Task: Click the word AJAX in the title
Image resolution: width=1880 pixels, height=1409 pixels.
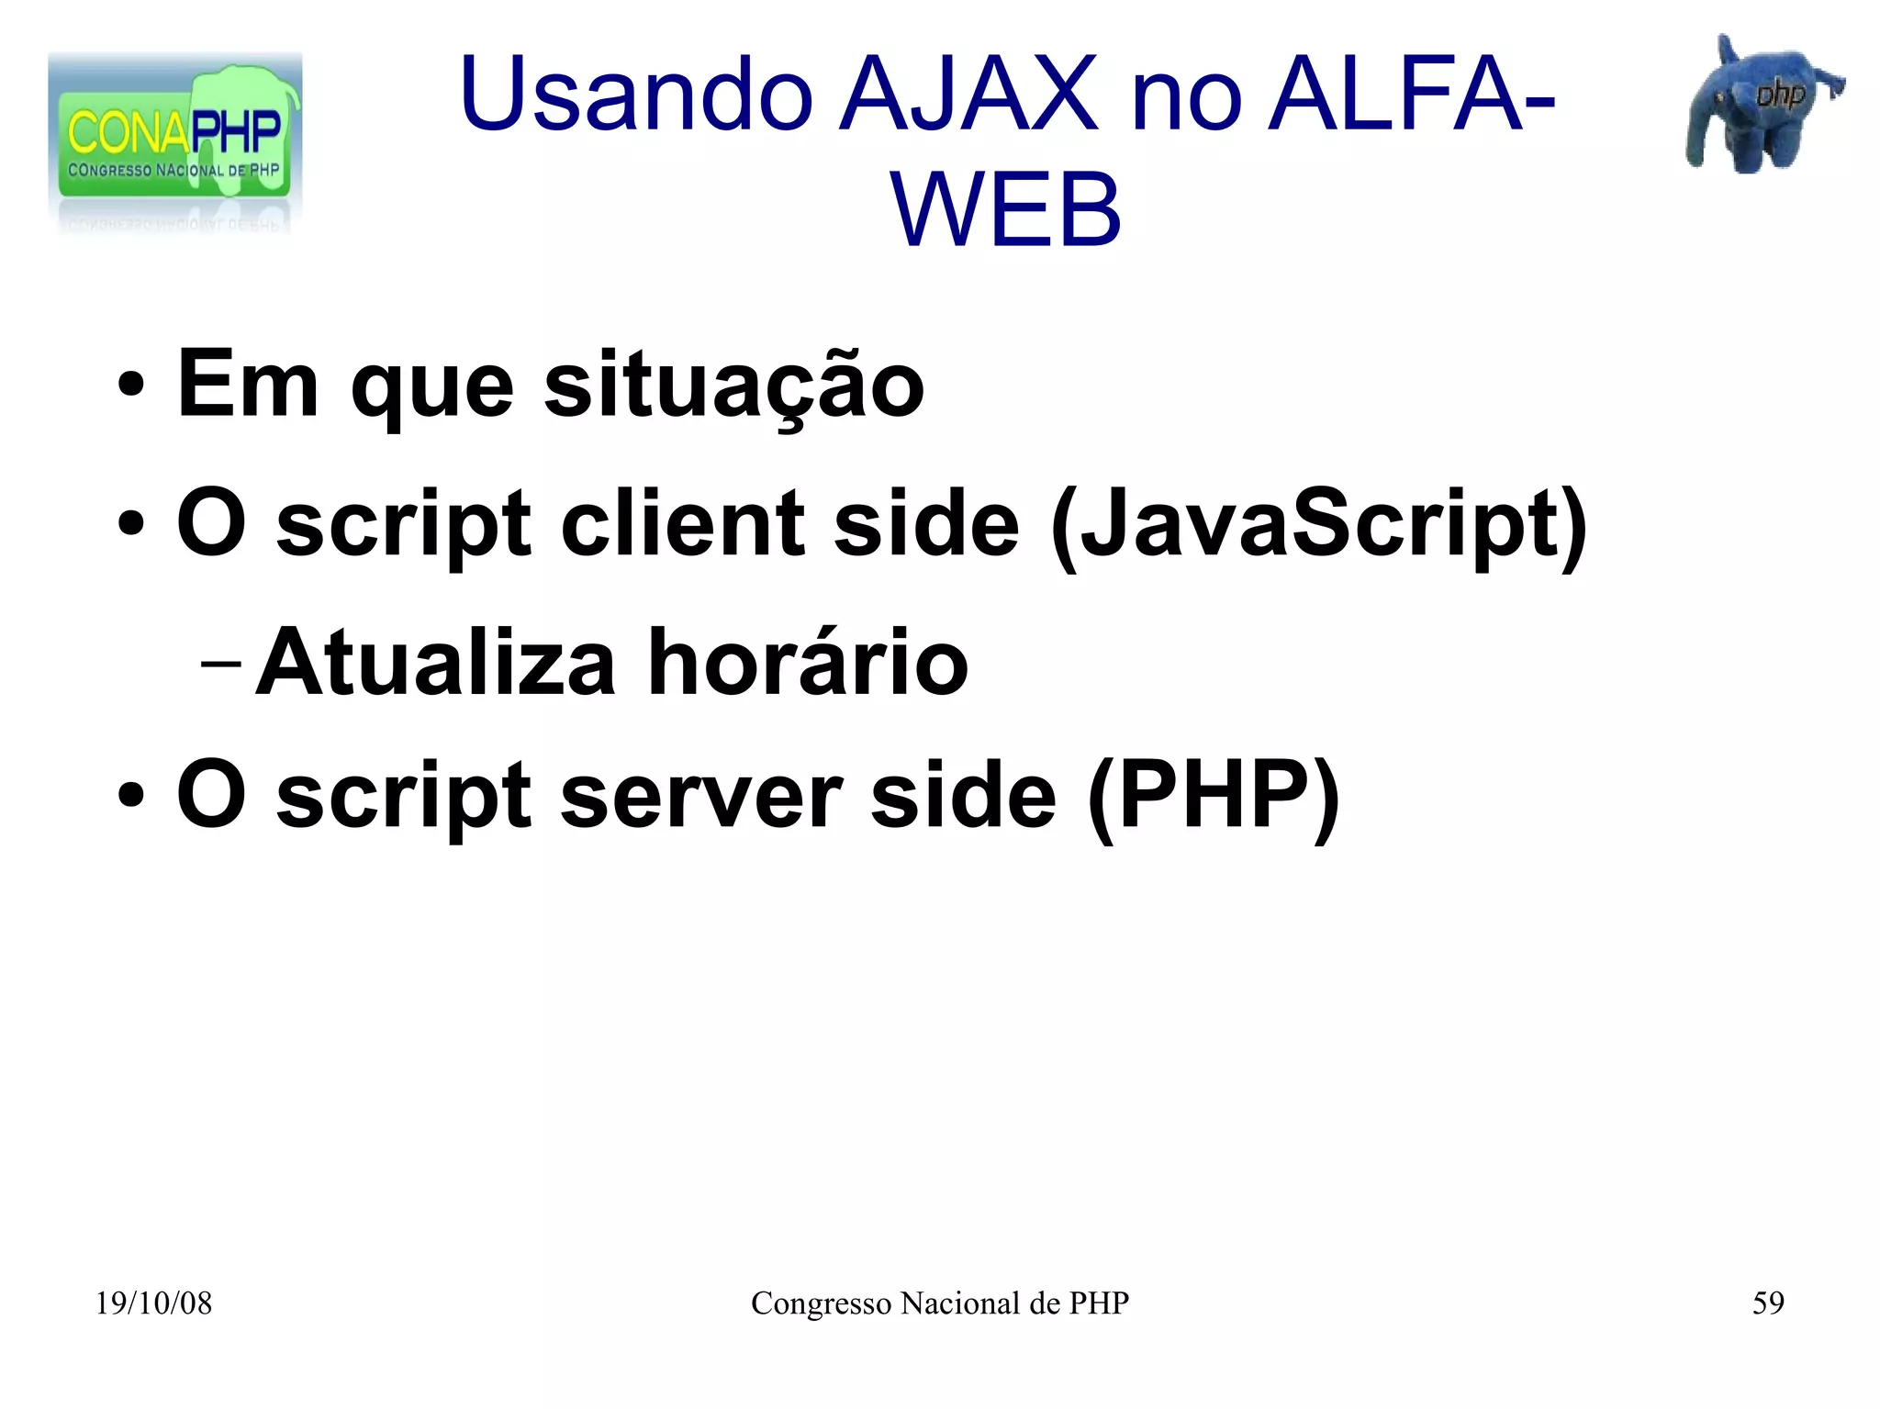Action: pos(968,95)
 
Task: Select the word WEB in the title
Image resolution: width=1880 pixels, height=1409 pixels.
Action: pos(1006,211)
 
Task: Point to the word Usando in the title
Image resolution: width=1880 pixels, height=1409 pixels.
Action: pos(636,95)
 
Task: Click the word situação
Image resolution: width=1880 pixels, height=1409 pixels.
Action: pos(733,386)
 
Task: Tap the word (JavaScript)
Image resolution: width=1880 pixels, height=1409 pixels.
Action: pos(1318,524)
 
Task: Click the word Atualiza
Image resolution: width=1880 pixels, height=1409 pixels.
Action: pos(435,663)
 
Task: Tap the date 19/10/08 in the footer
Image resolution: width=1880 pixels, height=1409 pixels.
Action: pos(153,1303)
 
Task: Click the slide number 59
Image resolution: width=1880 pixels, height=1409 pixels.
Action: pos(1768,1303)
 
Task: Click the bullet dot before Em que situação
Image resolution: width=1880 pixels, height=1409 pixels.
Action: pos(130,386)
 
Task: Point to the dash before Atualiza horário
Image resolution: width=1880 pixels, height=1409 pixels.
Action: pos(220,664)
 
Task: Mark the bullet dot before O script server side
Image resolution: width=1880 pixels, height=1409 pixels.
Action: pos(130,796)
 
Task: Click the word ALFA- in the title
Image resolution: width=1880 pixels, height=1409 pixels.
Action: pos(1411,95)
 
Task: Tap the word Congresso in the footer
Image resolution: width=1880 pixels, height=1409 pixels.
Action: pos(821,1303)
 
